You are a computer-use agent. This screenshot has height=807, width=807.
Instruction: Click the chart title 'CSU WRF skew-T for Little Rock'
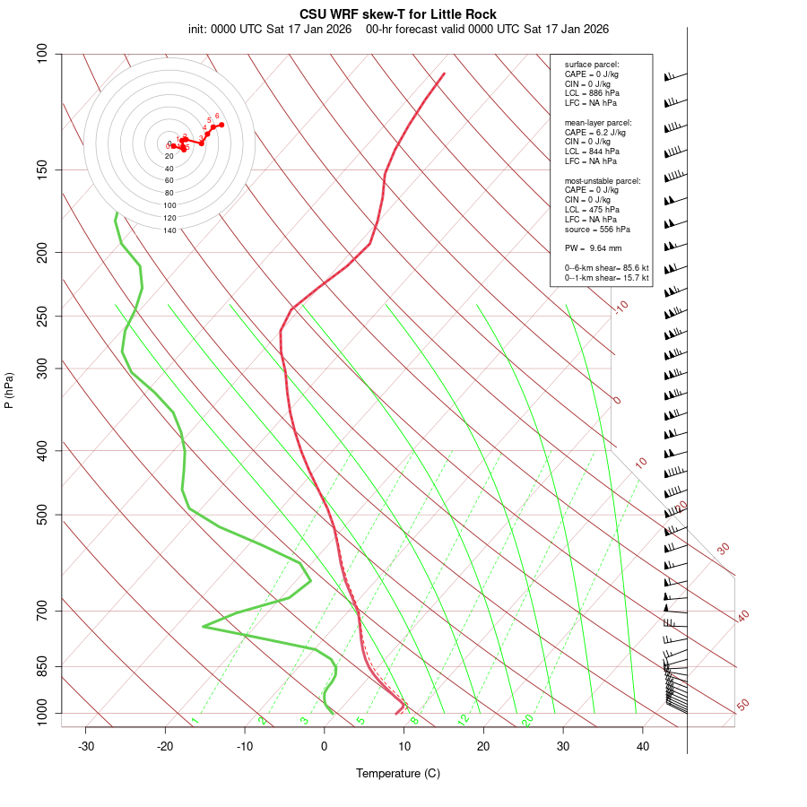[x=398, y=14]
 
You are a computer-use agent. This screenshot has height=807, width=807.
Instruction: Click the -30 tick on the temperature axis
[x=86, y=746]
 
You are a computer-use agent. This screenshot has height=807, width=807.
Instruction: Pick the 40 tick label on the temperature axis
[x=643, y=746]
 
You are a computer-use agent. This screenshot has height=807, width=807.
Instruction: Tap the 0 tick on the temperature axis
[x=325, y=746]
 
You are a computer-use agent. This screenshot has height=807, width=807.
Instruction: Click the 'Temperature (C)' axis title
[x=398, y=773]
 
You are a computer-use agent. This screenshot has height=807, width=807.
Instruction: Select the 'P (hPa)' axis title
[x=9, y=391]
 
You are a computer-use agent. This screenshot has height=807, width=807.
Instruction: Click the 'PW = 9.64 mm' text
[x=594, y=248]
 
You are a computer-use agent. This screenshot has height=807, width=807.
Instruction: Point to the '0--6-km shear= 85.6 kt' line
[x=606, y=268]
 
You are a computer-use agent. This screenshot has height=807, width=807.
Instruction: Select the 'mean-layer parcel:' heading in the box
[x=598, y=122]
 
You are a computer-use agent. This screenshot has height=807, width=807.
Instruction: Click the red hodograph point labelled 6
[x=221, y=125]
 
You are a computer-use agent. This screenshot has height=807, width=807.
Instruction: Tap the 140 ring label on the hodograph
[x=169, y=230]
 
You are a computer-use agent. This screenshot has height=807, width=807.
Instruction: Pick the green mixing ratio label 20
[x=527, y=719]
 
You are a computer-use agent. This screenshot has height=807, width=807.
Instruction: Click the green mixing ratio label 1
[x=195, y=720]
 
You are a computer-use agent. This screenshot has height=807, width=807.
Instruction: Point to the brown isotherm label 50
[x=742, y=705]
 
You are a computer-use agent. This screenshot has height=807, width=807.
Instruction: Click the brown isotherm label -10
[x=620, y=307]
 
